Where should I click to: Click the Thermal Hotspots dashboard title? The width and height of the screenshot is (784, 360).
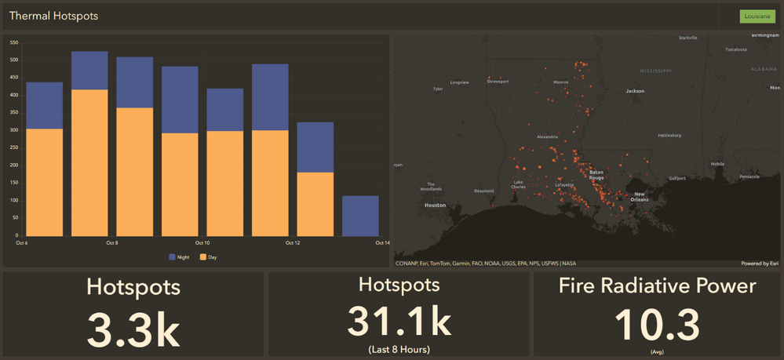(54, 16)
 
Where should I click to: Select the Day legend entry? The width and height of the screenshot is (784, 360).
(208, 256)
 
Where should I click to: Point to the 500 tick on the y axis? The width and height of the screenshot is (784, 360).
(14, 60)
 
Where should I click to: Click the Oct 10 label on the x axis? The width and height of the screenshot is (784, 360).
(202, 243)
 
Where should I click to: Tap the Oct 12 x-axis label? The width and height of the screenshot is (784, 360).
(293, 243)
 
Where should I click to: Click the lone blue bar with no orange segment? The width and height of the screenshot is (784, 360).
(360, 216)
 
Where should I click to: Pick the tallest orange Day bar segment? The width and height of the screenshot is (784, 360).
(89, 162)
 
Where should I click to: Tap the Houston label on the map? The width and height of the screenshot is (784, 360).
(435, 205)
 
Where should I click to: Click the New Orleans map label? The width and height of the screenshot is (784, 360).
(640, 196)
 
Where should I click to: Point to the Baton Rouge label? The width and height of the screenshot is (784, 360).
(596, 175)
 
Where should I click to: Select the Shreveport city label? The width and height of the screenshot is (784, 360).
(498, 81)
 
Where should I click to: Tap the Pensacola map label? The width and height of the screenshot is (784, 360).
(750, 176)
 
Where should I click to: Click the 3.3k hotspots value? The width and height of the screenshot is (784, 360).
(133, 329)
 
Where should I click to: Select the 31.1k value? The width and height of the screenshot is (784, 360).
(399, 321)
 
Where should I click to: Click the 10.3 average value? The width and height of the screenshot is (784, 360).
(657, 324)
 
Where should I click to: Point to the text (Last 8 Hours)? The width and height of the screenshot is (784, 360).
(399, 349)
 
